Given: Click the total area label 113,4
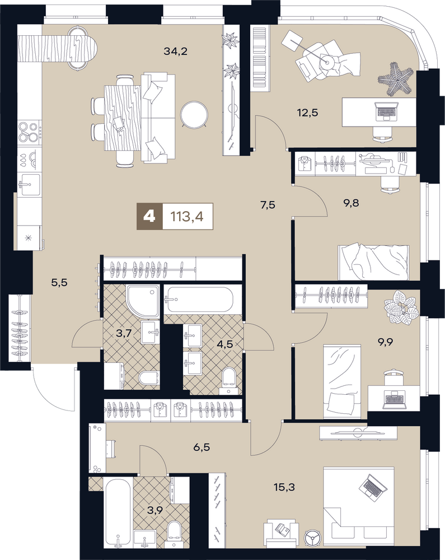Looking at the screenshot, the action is pyautogui.click(x=188, y=216).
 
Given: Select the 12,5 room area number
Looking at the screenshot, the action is pyautogui.click(x=307, y=113).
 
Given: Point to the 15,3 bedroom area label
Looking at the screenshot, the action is pyautogui.click(x=285, y=487).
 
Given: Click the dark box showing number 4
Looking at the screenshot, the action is pyautogui.click(x=149, y=216).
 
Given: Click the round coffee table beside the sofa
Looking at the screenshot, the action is pyautogui.click(x=194, y=115).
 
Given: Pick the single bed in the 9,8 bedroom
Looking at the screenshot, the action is pyautogui.click(x=373, y=262).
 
